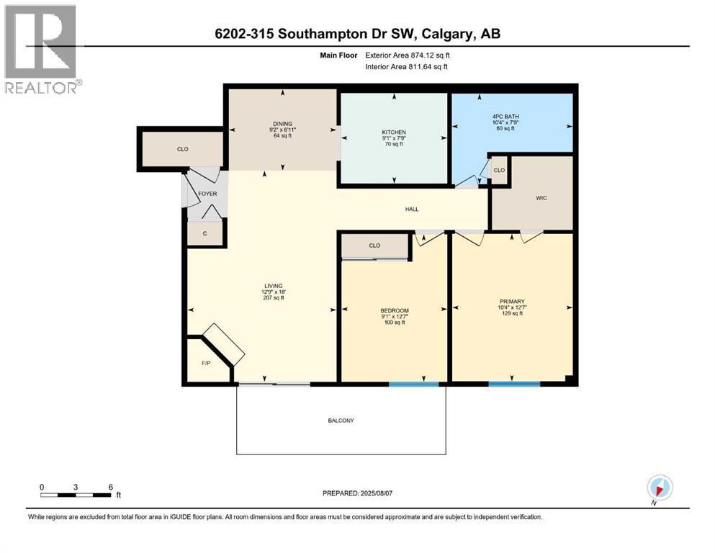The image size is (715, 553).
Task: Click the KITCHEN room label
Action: pos(394,132)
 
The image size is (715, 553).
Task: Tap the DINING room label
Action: pos(283,124)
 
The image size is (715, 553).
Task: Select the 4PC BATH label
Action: pos(505,117)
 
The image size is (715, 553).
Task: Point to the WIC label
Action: pos(541,198)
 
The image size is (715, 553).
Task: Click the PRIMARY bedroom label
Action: pos(512,302)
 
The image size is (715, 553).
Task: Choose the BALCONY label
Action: pos(341,421)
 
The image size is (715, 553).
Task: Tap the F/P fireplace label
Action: pos(206,364)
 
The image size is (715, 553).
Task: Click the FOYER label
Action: pos(207,194)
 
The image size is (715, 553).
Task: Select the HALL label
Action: pos(412,210)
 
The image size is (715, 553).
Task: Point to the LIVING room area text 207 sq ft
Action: pos(274,297)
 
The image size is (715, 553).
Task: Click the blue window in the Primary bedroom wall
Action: pos(514,384)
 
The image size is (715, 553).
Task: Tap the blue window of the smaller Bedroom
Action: pos(414,384)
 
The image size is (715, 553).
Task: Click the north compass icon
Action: pos(660,487)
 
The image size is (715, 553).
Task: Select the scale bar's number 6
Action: pos(110,487)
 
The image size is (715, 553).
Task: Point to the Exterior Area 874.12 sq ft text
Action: pos(408,55)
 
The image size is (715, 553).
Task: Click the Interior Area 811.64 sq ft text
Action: pos(406,66)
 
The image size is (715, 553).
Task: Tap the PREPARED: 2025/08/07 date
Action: pos(357,493)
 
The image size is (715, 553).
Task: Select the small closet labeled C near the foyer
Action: pos(204,233)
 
